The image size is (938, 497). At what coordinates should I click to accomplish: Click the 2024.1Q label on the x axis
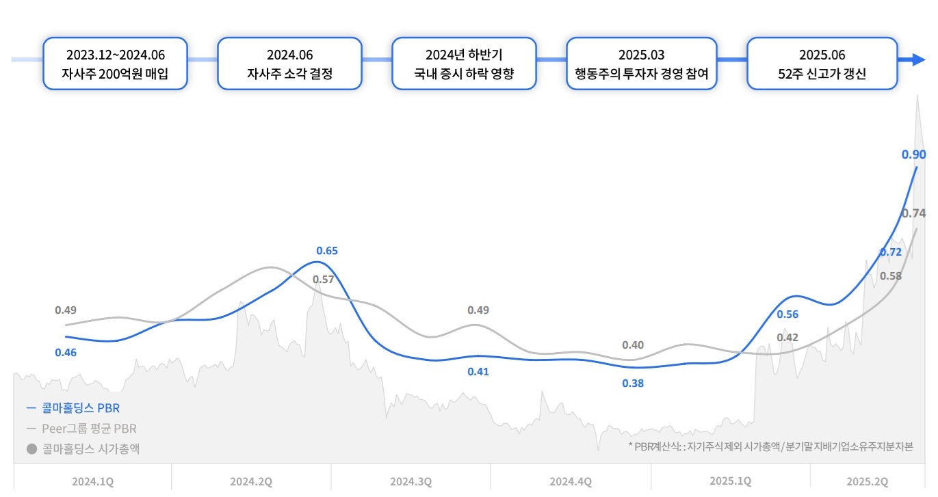[x=92, y=481]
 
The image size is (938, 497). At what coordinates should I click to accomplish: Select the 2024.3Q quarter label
[x=411, y=481]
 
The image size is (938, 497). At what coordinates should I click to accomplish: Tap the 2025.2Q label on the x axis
[x=867, y=481]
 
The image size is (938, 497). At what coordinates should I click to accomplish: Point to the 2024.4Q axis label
[x=571, y=481]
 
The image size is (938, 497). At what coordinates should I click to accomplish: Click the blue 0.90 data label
[x=914, y=155]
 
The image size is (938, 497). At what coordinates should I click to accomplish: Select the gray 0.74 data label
[x=914, y=213]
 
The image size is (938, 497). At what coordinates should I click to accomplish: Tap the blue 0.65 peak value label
[x=327, y=251]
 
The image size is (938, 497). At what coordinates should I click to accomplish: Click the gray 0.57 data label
[x=324, y=279]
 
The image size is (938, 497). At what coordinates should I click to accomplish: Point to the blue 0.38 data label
[x=633, y=384]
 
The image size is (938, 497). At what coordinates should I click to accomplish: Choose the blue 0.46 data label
[x=66, y=353]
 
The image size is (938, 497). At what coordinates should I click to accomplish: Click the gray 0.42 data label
[x=787, y=337]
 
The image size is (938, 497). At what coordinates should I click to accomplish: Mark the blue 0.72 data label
[x=890, y=252]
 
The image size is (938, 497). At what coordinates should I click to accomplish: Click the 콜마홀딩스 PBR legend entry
[x=73, y=408]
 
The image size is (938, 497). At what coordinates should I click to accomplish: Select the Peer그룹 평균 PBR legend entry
[x=81, y=429]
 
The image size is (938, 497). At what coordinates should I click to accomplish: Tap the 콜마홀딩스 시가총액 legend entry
[x=84, y=449]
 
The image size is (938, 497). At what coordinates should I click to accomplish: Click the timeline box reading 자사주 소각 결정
[x=289, y=64]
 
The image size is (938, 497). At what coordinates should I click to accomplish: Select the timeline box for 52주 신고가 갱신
[x=822, y=64]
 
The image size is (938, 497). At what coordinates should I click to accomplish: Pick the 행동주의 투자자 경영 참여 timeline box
[x=642, y=64]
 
